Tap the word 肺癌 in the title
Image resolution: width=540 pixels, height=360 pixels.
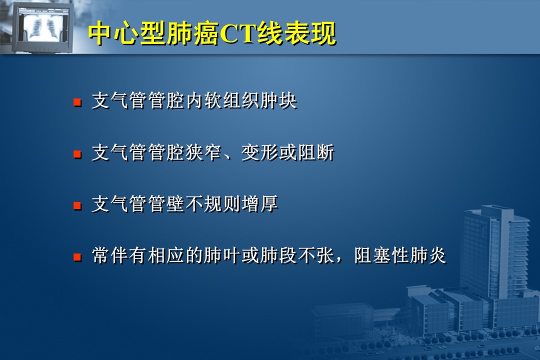[x=193, y=34]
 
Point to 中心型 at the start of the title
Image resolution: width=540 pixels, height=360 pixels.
[x=127, y=34]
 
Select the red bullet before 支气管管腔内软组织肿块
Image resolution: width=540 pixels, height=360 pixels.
[x=77, y=102]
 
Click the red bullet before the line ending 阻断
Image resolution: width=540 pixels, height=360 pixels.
[x=77, y=153]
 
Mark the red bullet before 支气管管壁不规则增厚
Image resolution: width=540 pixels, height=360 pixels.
[x=77, y=205]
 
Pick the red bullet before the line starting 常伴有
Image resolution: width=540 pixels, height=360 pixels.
[x=77, y=257]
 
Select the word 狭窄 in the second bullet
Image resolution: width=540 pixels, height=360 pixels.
[x=203, y=152]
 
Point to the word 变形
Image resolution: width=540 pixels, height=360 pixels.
[x=259, y=152]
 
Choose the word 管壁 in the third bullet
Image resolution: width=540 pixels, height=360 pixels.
[x=166, y=204]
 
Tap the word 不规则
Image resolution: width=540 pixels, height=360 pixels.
[x=213, y=204]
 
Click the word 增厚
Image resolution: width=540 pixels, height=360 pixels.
[x=259, y=204]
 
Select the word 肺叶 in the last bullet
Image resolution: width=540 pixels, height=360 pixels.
[x=222, y=255]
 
